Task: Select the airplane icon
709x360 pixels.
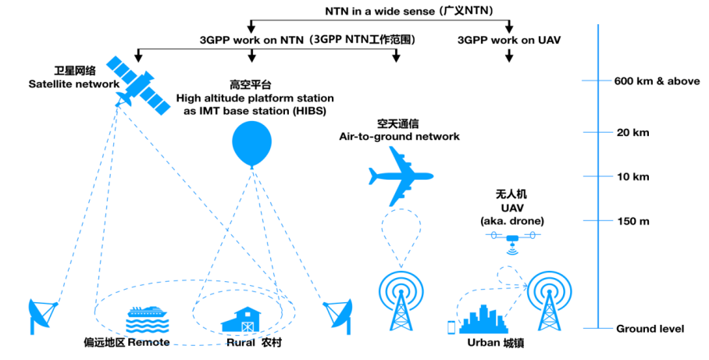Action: [401, 177]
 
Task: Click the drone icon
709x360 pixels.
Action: [512, 239]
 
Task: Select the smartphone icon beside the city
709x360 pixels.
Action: [451, 327]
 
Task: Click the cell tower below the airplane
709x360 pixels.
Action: [401, 301]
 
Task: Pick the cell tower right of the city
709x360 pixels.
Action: [552, 301]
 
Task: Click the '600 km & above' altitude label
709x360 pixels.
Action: [650, 81]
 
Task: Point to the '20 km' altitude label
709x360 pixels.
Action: [632, 133]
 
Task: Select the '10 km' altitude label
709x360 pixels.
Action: [632, 176]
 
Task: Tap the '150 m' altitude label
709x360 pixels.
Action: [632, 222]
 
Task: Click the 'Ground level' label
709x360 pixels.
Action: [650, 329]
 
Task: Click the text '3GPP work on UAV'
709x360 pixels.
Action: [508, 39]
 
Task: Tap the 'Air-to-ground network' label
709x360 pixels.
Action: [399, 136]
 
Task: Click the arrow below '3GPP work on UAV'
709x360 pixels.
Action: [509, 56]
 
